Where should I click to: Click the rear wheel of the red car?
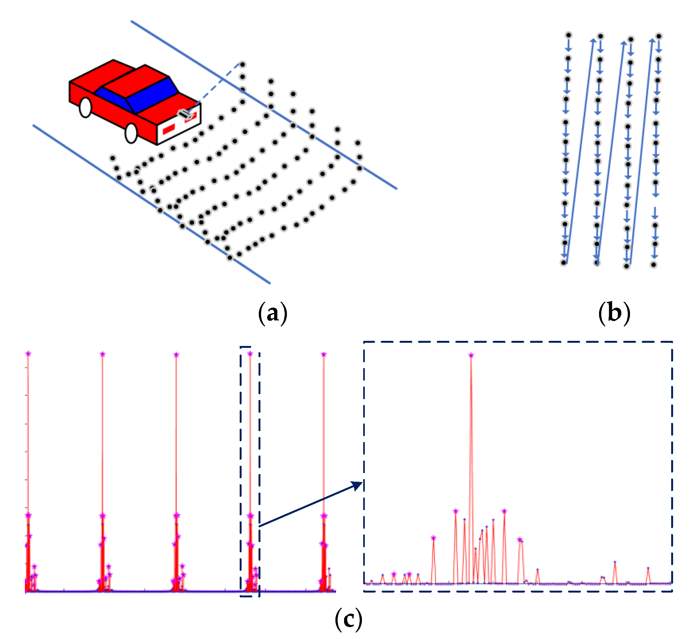click(x=86, y=107)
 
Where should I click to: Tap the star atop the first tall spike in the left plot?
click(x=28, y=354)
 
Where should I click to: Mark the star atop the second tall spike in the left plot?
click(x=102, y=354)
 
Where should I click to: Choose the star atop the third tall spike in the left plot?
click(x=176, y=355)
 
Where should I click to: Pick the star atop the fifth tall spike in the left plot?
click(x=324, y=354)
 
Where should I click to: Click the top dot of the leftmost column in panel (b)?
click(x=568, y=35)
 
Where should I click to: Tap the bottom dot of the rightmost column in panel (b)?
click(x=654, y=265)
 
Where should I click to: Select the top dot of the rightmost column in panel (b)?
click(x=659, y=36)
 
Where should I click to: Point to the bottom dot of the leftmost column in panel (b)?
click(x=564, y=263)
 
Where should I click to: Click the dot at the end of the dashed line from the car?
click(x=243, y=65)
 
